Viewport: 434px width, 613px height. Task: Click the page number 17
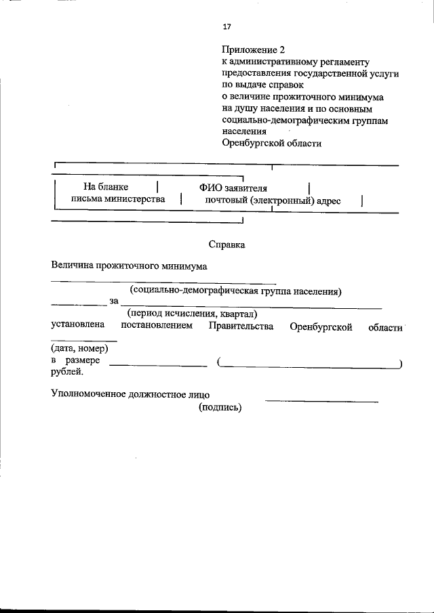click(226, 27)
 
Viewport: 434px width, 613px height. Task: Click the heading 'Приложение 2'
click(250, 50)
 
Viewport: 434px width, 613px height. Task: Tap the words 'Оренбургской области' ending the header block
click(271, 143)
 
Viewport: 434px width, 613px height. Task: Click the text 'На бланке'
click(106, 186)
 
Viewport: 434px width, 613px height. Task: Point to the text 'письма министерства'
click(119, 199)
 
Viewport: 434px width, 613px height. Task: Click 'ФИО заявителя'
click(233, 187)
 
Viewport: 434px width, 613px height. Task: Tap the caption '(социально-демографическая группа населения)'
click(235, 291)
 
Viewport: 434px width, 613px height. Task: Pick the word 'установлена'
click(76, 326)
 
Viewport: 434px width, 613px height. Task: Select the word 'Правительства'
click(241, 326)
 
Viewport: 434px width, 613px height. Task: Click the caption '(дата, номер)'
click(79, 348)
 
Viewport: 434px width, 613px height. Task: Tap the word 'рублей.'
click(68, 371)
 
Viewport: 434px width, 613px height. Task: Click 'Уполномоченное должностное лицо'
click(131, 394)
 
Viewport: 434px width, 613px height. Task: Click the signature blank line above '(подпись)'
click(321, 402)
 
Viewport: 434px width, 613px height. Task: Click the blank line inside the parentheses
click(309, 366)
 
